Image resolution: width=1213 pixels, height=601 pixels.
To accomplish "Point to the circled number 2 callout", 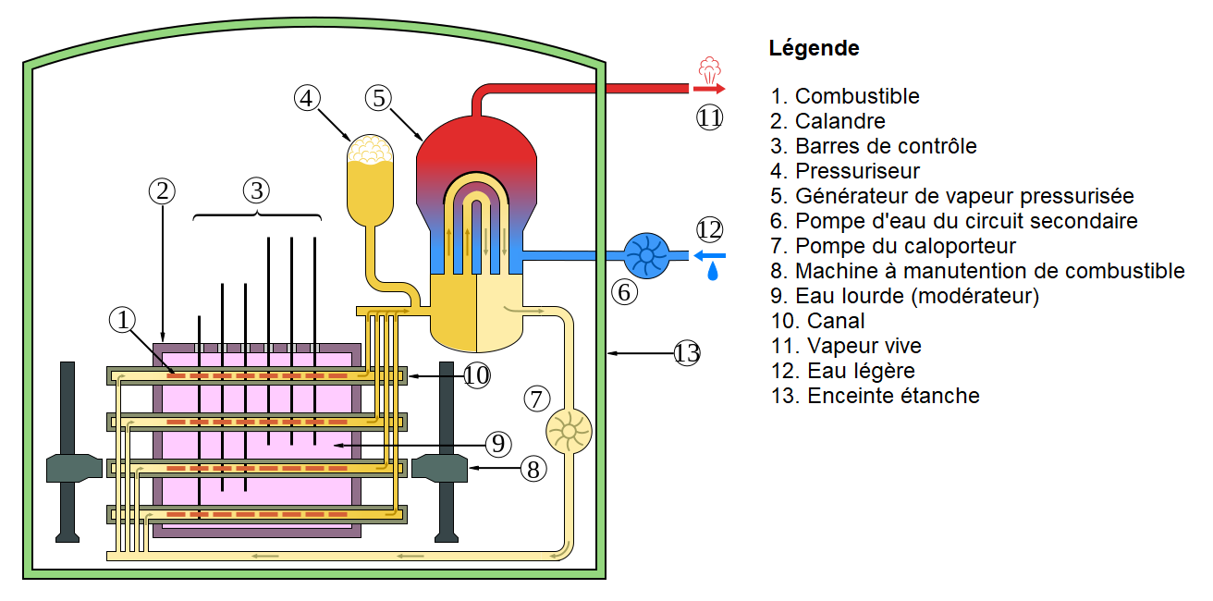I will (x=162, y=190).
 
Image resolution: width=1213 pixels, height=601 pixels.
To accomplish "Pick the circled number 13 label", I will (x=687, y=352).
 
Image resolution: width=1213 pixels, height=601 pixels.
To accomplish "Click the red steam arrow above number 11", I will (x=709, y=89).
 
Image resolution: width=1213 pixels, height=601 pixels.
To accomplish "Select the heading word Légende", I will (x=814, y=48).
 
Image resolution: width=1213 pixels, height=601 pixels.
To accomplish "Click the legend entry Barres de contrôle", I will (x=873, y=146).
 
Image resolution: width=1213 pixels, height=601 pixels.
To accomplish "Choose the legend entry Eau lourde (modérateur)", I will (x=904, y=296).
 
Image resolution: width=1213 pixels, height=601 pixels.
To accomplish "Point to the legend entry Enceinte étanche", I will (x=875, y=396).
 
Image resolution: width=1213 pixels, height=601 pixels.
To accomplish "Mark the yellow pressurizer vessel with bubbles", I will (x=369, y=180).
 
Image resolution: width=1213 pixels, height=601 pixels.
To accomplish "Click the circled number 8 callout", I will (x=533, y=469).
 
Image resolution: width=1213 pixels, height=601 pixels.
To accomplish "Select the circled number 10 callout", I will (x=476, y=375).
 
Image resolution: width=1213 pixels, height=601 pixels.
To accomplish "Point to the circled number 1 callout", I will (x=122, y=320).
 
